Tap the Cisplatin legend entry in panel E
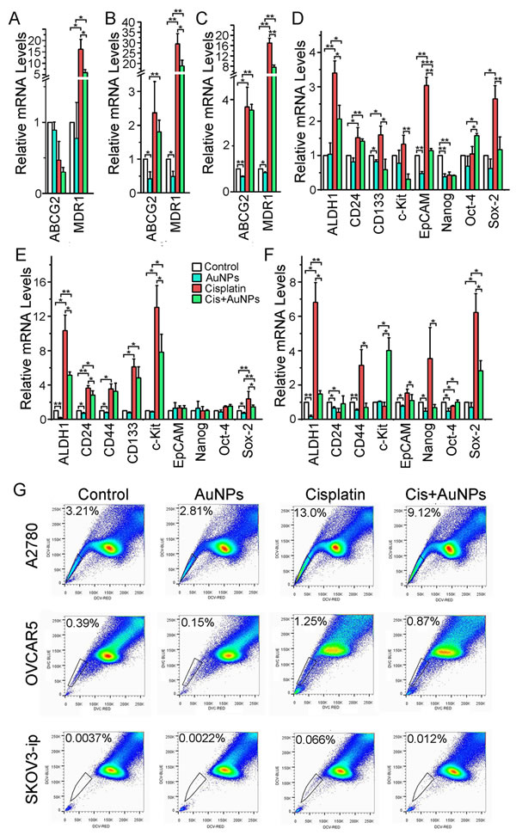(x=224, y=290)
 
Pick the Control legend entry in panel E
(x=221, y=264)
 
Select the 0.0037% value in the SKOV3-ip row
(x=83, y=736)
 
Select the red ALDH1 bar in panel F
(x=315, y=360)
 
